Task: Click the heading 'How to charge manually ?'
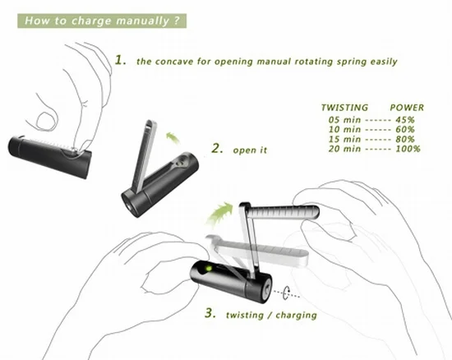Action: pos(102,21)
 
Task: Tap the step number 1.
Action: pos(120,60)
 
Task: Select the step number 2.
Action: pos(217,149)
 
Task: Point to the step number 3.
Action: pos(210,313)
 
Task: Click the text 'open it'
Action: pos(250,150)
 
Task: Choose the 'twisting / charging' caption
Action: pos(271,315)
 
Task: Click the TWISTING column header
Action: pos(345,108)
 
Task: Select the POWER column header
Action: pos(407,108)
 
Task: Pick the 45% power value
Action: pos(404,120)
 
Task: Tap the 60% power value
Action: pos(404,129)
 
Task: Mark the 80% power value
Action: pos(404,139)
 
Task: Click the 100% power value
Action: pos(408,149)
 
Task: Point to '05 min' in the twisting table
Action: pos(344,120)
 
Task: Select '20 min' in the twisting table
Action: pos(344,149)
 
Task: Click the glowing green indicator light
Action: pos(208,269)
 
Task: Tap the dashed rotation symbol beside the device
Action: pos(286,293)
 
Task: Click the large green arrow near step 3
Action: pos(220,214)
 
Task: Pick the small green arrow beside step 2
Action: pos(173,137)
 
